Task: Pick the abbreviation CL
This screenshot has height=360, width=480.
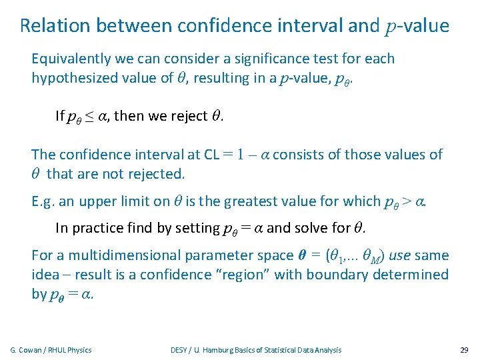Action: (211, 155)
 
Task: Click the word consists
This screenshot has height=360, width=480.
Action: (299, 155)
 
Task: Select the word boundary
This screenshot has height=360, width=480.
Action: (337, 275)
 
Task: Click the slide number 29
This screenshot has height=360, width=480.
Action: (465, 350)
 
